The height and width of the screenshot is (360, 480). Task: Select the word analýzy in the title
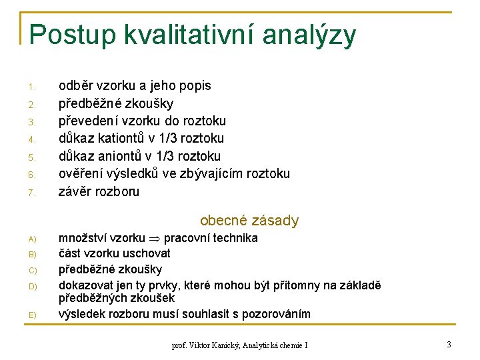click(309, 35)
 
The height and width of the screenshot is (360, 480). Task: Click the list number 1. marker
click(31, 87)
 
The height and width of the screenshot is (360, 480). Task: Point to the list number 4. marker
click(31, 139)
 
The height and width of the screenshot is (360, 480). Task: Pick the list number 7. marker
click(31, 193)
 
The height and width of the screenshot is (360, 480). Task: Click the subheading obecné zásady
click(249, 221)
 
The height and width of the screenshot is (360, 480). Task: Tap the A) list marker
click(31, 239)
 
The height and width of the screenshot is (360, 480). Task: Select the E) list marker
click(31, 315)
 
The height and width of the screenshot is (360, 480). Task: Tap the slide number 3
click(449, 344)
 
